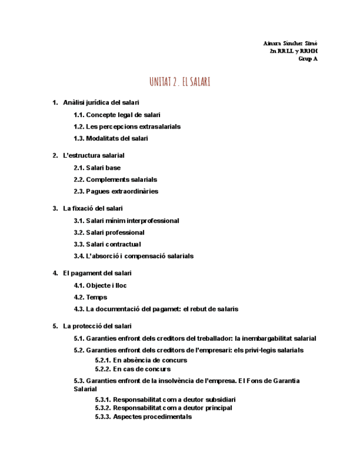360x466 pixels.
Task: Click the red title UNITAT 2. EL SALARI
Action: click(180, 82)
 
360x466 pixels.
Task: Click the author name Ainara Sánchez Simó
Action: click(290, 43)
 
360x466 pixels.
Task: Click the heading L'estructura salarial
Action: click(93, 156)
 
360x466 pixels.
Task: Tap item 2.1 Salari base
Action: click(97, 168)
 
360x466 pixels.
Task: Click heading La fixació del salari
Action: click(93, 208)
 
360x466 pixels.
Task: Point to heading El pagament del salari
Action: click(97, 273)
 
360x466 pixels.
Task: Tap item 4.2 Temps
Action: click(91, 297)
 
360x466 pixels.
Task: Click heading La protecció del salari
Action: click(97, 326)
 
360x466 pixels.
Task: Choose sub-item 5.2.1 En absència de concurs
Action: click(141, 360)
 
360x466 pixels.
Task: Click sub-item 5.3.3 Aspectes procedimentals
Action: click(143, 417)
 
